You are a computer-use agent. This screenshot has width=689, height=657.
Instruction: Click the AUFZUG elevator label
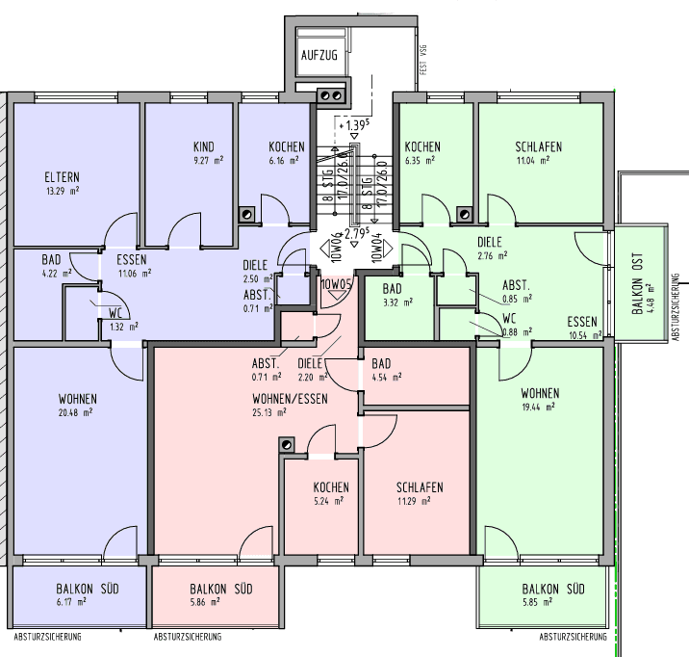[319, 55]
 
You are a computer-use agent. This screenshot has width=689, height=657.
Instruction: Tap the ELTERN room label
[61, 177]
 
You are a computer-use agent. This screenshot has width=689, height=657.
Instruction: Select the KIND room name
[203, 147]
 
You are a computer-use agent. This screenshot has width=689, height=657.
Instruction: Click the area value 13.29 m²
[61, 191]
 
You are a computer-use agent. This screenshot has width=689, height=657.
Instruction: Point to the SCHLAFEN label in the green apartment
[538, 147]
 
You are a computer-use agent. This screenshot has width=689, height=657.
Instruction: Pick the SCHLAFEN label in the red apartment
[419, 487]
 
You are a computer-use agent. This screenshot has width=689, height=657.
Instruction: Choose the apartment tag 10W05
[336, 285]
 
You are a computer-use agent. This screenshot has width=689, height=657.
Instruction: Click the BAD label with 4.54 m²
[382, 363]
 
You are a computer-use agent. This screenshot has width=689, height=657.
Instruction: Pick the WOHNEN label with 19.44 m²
[540, 394]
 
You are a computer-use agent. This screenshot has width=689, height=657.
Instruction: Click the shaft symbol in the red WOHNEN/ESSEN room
[286, 444]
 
